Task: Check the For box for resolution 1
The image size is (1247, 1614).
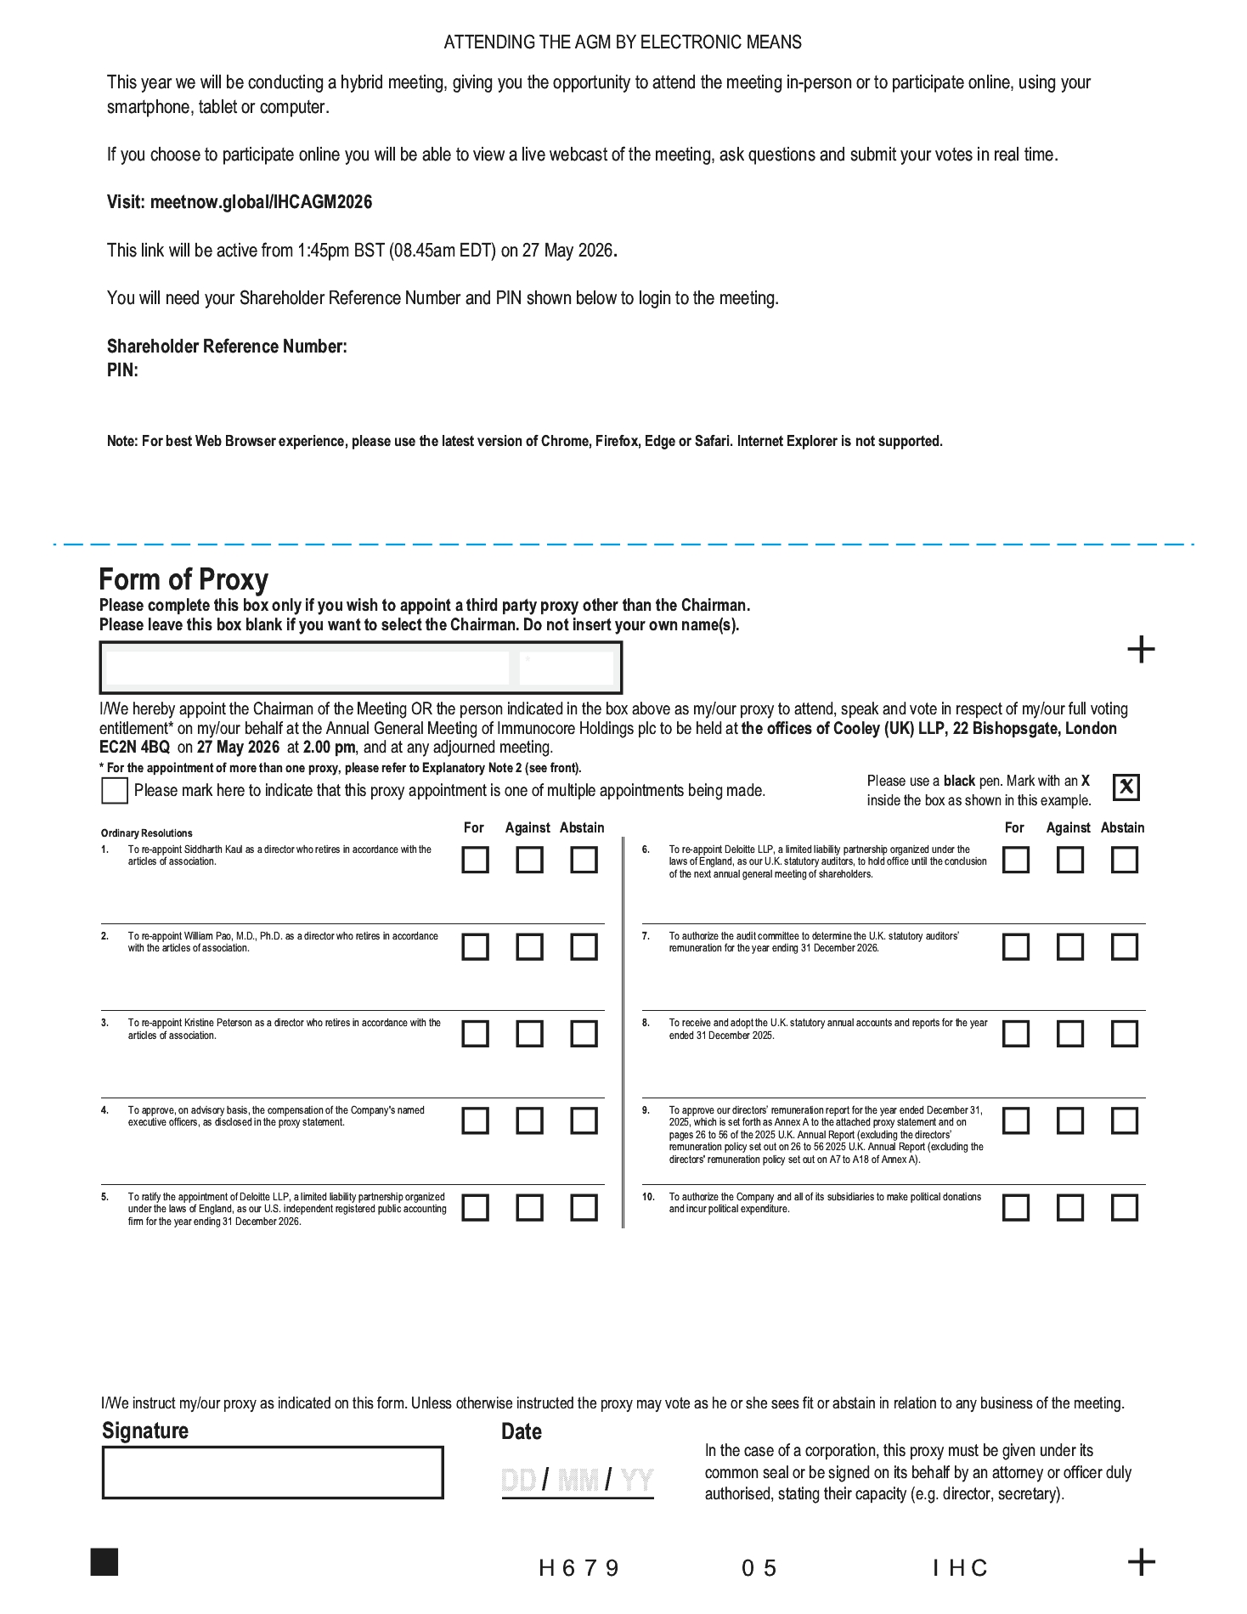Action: (475, 860)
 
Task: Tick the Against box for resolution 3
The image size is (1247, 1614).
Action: (529, 1034)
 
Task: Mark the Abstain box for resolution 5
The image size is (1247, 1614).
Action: (584, 1207)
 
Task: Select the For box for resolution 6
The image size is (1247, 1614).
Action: (1016, 860)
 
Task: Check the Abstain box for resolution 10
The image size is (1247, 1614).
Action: (1125, 1207)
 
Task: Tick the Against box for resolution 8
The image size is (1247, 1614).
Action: (1070, 1034)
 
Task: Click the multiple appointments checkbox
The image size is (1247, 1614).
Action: (114, 791)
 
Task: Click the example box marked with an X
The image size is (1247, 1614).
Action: (1126, 787)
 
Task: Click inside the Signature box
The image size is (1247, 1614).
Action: (273, 1472)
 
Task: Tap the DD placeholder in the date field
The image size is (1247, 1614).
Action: (518, 1481)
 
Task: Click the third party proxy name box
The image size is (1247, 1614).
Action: (306, 668)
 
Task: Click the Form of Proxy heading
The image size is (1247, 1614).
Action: (183, 579)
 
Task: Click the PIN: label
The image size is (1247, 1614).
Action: (122, 370)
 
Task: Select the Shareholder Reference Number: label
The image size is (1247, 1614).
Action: (227, 347)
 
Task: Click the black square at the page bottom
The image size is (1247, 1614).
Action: (104, 1562)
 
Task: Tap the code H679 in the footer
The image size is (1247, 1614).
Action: (579, 1568)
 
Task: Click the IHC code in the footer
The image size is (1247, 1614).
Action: (961, 1568)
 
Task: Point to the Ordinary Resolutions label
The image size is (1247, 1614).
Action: (146, 833)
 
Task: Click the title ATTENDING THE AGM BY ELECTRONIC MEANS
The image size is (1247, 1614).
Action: (623, 42)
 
